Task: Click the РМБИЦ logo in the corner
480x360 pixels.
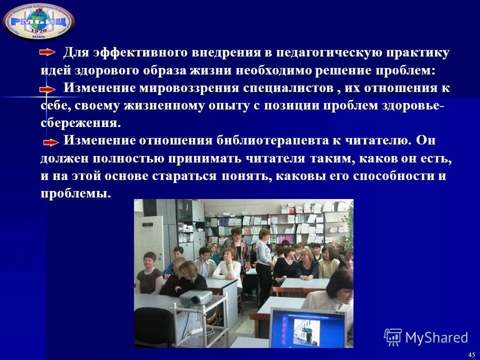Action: [38, 21]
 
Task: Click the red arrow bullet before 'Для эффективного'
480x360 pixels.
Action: [48, 52]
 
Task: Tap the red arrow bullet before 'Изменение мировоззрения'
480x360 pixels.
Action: [48, 88]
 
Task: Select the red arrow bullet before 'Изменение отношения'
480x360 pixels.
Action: [50, 142]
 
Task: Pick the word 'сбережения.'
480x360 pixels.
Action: [80, 123]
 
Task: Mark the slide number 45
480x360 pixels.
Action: [471, 354]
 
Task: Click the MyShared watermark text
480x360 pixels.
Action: [436, 338]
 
